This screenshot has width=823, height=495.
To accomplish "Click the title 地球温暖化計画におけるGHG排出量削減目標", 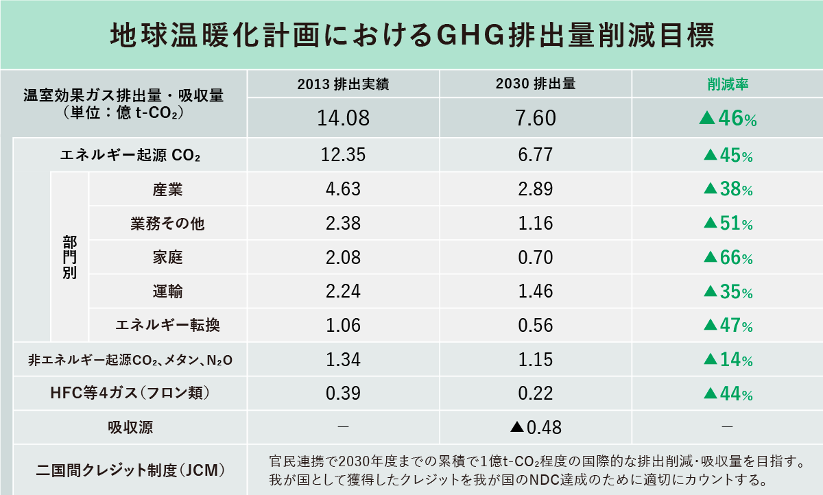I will (411, 34).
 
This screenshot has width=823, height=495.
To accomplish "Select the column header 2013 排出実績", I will (344, 85).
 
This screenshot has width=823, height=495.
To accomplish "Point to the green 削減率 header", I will (727, 85).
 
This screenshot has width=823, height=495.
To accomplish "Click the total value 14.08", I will (344, 118).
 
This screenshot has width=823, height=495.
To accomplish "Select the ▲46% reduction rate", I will (727, 119).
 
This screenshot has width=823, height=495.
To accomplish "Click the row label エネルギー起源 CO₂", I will (130, 156).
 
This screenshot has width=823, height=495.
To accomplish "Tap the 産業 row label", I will (168, 189).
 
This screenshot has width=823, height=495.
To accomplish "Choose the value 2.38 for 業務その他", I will (344, 224).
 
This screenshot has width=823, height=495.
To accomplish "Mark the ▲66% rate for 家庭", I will (728, 258).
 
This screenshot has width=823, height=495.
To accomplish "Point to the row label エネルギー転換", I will (168, 326).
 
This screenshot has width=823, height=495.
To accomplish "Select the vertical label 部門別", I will (70, 257).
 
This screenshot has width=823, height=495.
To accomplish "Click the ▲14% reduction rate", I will (728, 360).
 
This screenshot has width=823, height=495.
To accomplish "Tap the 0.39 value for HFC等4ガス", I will (344, 394).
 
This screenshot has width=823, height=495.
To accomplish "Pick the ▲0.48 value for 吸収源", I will (536, 428).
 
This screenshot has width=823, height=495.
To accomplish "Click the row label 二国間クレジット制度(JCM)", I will (130, 471).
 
